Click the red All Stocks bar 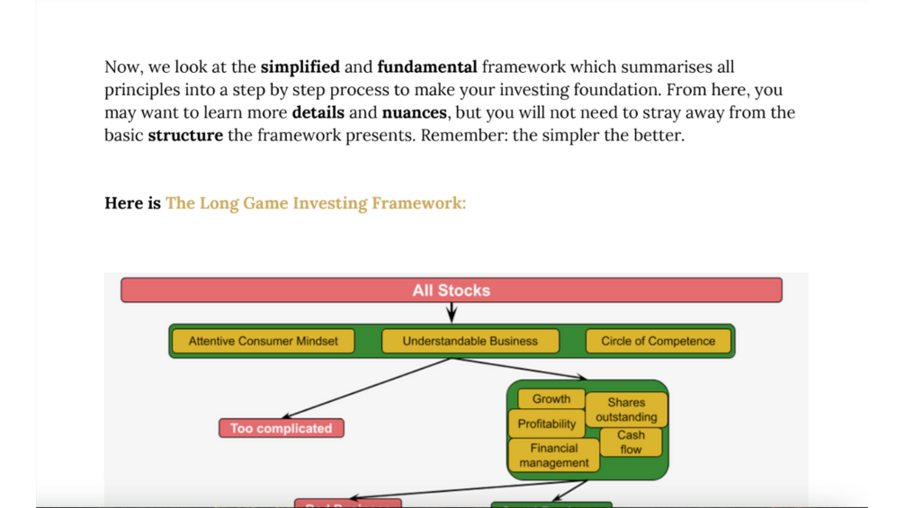[451, 290]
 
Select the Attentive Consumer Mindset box [263, 342]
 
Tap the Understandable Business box [470, 342]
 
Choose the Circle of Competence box [658, 342]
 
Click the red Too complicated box [281, 429]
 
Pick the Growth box [550, 399]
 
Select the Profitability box [546, 423]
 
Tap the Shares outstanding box [626, 410]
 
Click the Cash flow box [631, 442]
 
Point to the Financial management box [553, 455]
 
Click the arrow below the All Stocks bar [452, 312]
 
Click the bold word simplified [300, 67]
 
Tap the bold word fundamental [427, 67]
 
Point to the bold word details [318, 113]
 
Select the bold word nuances [414, 113]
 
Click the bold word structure [185, 136]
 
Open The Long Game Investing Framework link [316, 203]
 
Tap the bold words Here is [132, 203]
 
